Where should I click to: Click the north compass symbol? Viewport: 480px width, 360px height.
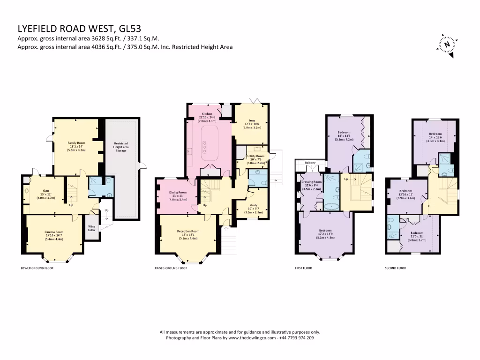[448, 45]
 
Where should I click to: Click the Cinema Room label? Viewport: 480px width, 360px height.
[53, 235]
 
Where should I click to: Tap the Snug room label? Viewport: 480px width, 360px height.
[251, 124]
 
